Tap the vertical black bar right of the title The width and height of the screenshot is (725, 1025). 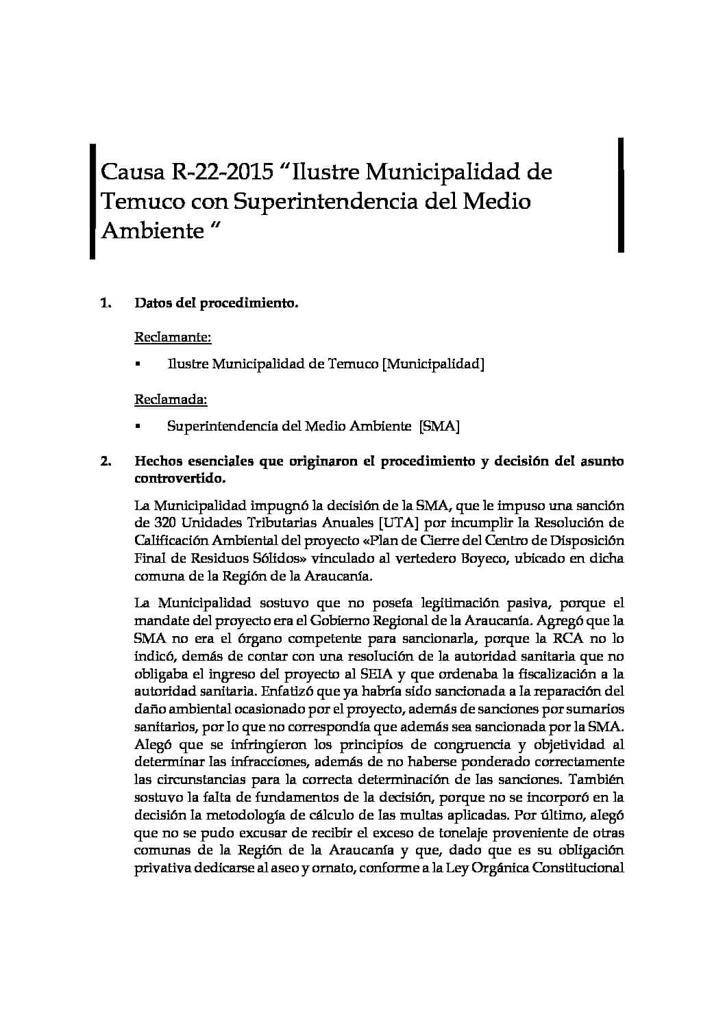[x=621, y=195]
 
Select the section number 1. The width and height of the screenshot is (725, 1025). [x=106, y=303]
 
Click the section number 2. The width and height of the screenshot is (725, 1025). [x=106, y=461]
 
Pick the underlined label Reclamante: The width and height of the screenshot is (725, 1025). [x=173, y=337]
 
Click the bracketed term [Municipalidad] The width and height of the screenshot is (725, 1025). [x=432, y=364]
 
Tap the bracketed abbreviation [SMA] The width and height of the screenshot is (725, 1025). [x=439, y=426]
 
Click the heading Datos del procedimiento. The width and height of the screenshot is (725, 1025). [x=217, y=303]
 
